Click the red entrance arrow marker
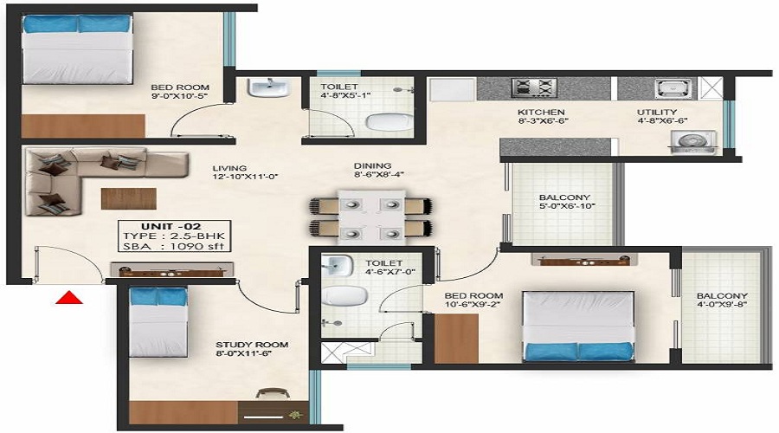(69, 297)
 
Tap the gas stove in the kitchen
(533, 88)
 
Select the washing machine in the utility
(693, 143)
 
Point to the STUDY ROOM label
(252, 345)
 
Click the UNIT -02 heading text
(171, 227)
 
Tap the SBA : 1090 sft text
(174, 246)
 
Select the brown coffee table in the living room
(129, 198)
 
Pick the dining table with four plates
(371, 216)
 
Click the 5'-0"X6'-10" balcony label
(567, 206)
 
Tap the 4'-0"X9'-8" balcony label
(722, 304)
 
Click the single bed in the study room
(158, 322)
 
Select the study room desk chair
(273, 393)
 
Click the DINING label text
(372, 166)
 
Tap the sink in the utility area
(673, 88)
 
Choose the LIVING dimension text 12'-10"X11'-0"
(244, 177)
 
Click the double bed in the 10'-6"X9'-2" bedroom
(578, 326)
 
